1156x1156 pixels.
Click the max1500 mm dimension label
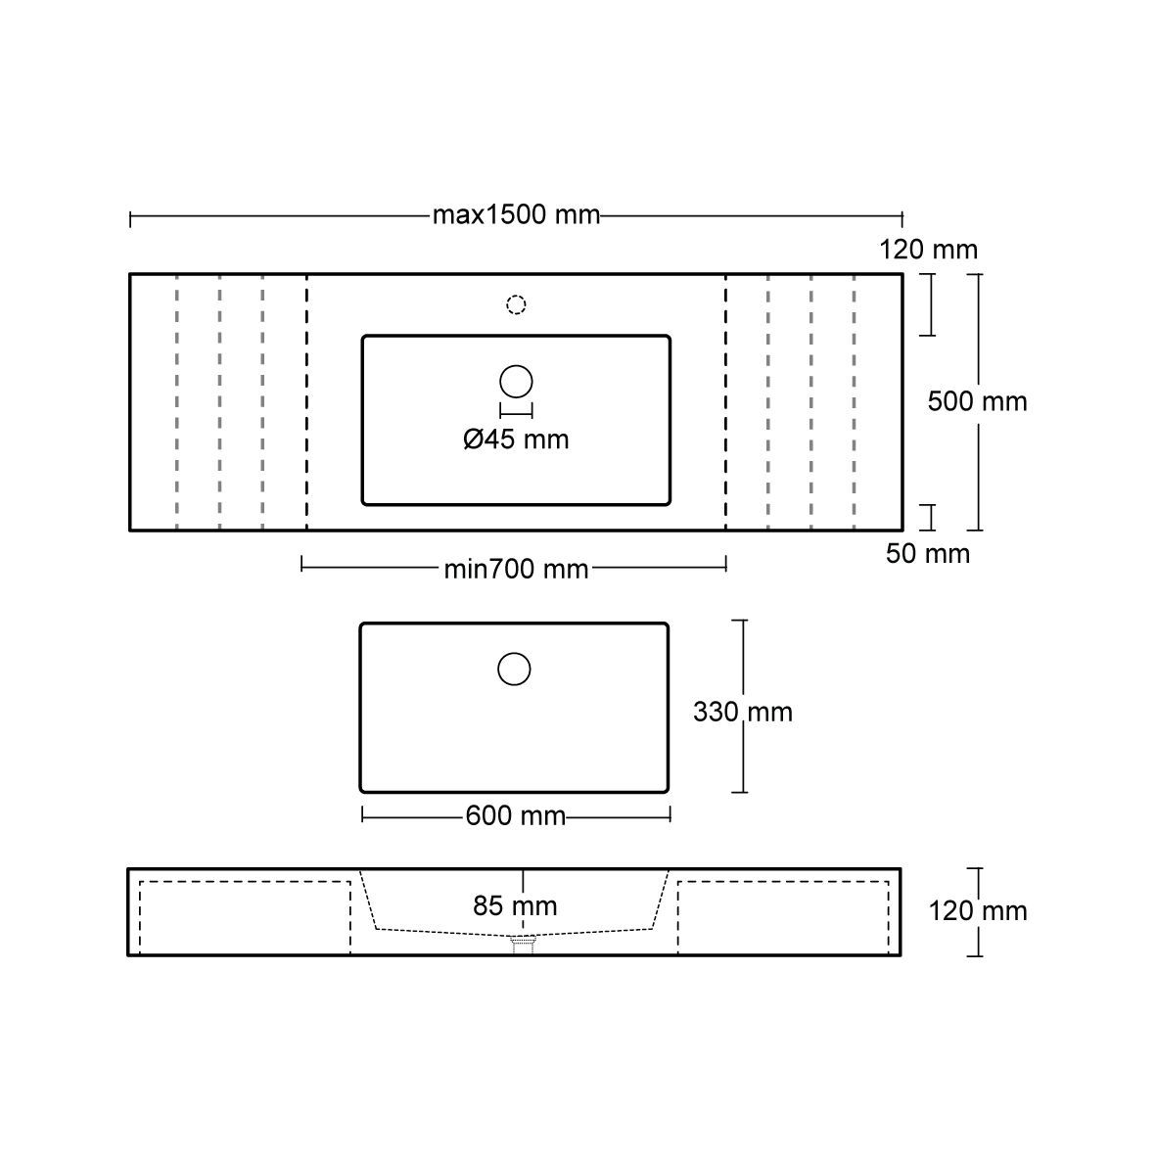(x=516, y=215)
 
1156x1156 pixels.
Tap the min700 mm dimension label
(x=516, y=569)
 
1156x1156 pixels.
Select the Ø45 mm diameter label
(x=516, y=440)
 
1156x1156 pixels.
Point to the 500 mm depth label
(x=977, y=401)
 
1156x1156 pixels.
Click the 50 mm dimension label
(x=927, y=554)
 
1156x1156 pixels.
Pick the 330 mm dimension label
(x=742, y=712)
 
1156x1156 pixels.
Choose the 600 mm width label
(x=516, y=815)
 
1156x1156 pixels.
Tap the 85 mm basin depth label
(x=515, y=906)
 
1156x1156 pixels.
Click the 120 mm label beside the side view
(x=977, y=911)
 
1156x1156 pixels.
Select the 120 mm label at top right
(x=928, y=250)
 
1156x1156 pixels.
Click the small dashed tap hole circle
(x=516, y=304)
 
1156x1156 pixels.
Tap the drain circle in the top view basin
(x=516, y=381)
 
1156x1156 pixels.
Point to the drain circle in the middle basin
(x=514, y=669)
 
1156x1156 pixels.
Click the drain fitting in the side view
(x=525, y=944)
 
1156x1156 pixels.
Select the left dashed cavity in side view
(x=245, y=917)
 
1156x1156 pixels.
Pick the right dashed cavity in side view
(x=783, y=917)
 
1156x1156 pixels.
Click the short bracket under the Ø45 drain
(x=516, y=411)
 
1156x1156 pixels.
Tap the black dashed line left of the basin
(x=307, y=401)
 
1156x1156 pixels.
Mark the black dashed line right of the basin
(x=725, y=401)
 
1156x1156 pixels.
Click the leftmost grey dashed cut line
(x=176, y=401)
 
